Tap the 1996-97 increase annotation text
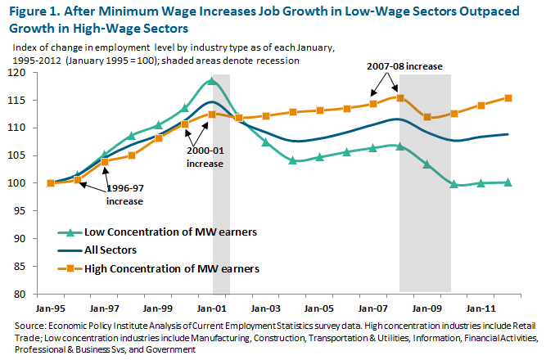click(x=124, y=194)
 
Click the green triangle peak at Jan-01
click(x=212, y=80)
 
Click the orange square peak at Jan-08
click(x=399, y=97)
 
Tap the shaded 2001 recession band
click(x=221, y=205)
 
